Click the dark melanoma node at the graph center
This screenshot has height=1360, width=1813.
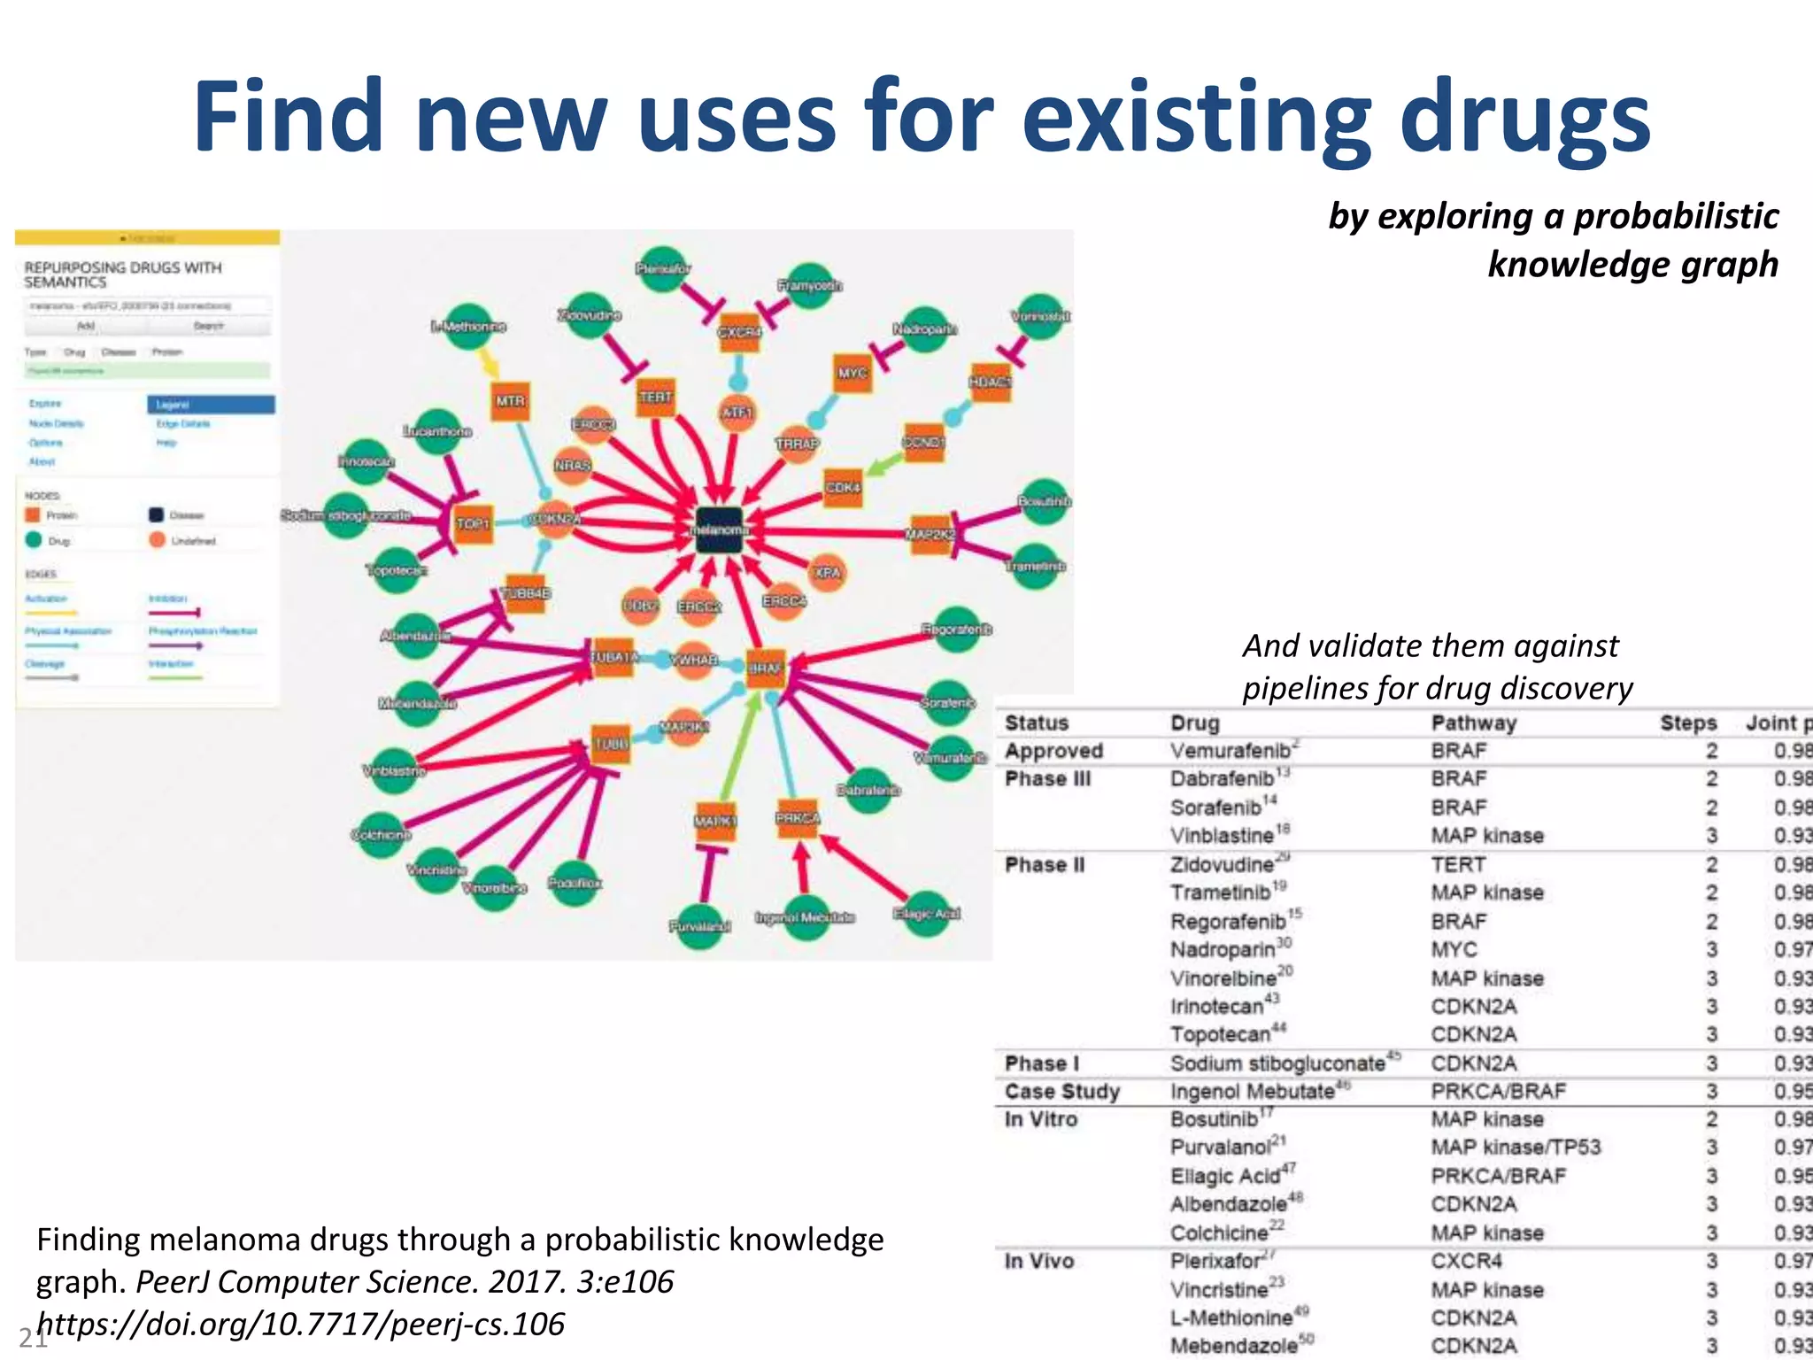(719, 530)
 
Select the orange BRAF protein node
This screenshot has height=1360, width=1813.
(765, 668)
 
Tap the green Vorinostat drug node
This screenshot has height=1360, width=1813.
(1040, 316)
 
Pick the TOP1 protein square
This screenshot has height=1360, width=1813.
(473, 523)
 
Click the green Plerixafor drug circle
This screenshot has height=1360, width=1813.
(662, 268)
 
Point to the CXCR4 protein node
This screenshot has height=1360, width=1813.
(739, 333)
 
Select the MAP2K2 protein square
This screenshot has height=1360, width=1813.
(930, 534)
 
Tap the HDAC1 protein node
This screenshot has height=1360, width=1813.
(991, 382)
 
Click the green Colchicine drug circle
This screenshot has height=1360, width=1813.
(382, 835)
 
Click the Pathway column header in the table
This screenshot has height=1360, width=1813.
(1473, 723)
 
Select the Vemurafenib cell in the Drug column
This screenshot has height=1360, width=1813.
(1230, 751)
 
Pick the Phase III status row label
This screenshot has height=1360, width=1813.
(1047, 779)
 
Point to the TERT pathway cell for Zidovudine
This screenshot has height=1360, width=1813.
(1457, 864)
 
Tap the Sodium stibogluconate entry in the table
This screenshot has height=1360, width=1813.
(1277, 1062)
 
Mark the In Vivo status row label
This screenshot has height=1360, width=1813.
(1038, 1261)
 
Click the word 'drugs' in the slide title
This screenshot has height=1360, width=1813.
(1524, 118)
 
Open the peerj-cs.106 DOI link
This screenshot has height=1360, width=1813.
(301, 1324)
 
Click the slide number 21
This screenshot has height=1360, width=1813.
(32, 1338)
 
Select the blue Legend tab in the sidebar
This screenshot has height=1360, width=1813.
(211, 405)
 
